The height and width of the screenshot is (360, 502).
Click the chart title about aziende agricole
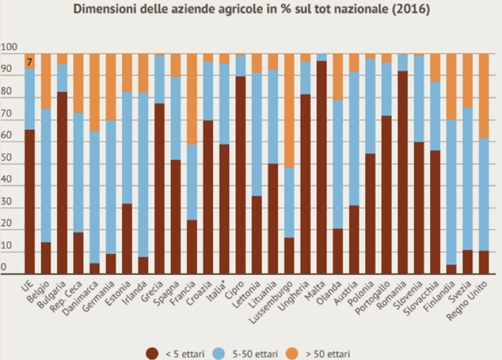(x=250, y=10)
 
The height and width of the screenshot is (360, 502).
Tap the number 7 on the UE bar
(x=30, y=62)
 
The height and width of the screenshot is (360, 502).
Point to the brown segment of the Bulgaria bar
(x=62, y=182)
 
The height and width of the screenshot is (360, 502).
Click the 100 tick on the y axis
(x=10, y=47)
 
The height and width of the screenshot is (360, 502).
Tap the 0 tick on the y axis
(x=4, y=267)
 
